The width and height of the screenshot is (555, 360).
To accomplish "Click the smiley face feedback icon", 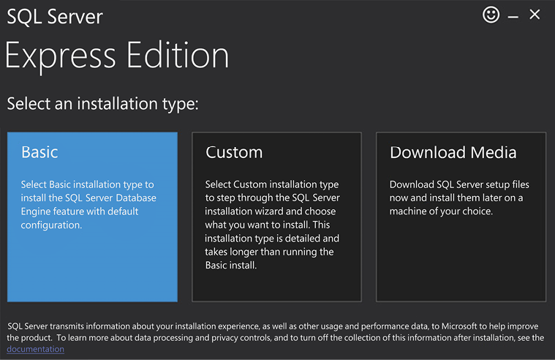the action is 491,15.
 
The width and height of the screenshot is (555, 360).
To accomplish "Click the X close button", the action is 535,15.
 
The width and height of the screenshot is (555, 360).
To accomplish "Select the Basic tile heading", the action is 39,152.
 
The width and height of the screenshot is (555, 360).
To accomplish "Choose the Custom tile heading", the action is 234,152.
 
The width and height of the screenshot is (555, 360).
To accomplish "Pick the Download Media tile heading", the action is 453,152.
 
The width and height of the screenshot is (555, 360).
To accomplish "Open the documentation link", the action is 35,349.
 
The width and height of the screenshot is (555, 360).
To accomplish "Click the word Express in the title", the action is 60,56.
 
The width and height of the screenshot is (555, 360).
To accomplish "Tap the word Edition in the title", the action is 178,55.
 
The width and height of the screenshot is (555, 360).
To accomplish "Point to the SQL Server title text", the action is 55,17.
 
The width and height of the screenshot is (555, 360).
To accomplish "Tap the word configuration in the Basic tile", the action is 51,225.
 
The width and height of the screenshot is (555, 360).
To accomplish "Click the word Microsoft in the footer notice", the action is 458,326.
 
